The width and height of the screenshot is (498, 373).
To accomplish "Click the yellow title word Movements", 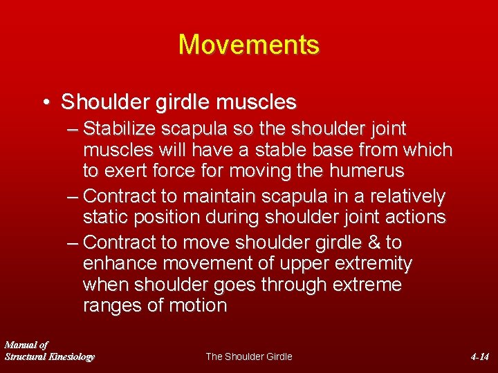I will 249,45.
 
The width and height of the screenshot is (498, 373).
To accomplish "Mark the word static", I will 106,217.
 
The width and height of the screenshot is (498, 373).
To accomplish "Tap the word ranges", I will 113,306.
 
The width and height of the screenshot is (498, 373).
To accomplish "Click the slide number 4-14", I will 479,356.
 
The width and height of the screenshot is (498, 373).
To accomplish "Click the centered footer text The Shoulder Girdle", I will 249,356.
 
